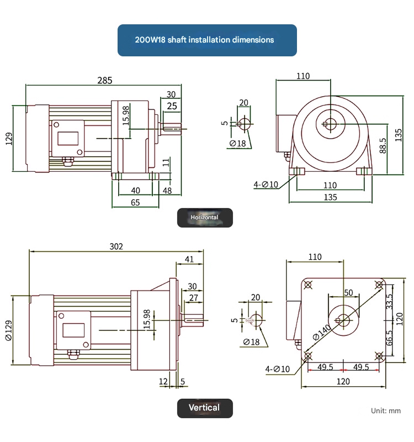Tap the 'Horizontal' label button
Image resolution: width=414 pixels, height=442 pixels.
[x=204, y=218]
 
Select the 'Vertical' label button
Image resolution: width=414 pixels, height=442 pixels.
[x=204, y=408]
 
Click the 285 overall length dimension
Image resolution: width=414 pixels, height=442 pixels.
[x=105, y=80]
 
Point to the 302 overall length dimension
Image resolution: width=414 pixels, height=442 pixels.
[x=116, y=246]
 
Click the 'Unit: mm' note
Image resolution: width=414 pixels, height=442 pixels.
[x=386, y=411]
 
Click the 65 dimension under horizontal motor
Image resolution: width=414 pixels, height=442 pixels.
[x=135, y=203]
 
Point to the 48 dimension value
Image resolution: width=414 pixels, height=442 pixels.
[x=167, y=191]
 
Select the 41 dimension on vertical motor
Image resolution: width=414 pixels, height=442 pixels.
[x=189, y=259]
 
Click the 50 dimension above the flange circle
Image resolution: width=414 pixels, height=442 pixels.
[x=348, y=292]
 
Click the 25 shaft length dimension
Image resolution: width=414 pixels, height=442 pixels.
[x=172, y=106]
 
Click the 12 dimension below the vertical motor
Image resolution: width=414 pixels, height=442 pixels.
[x=163, y=381]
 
